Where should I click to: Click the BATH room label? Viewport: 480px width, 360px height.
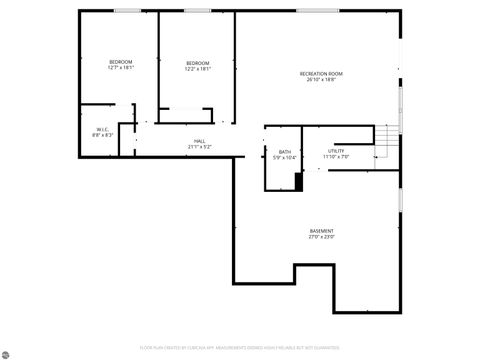point(285,151)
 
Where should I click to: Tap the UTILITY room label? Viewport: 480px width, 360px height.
point(336,151)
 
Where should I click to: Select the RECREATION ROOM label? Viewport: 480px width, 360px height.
point(321,73)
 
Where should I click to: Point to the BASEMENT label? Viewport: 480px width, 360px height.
point(321,231)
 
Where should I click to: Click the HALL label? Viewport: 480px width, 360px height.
point(200,141)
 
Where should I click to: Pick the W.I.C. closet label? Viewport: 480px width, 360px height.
point(102,128)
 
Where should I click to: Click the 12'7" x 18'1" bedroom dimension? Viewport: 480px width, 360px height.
point(121,68)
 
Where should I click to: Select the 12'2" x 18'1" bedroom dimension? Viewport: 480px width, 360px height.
point(197,68)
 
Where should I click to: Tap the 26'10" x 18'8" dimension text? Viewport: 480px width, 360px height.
point(321,79)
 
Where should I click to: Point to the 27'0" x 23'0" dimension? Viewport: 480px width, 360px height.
point(321,237)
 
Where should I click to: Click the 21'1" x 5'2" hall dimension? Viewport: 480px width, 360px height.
point(200,147)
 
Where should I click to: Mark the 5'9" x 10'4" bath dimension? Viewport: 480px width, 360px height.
point(285,157)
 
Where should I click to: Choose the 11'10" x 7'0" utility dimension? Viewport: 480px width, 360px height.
point(336,157)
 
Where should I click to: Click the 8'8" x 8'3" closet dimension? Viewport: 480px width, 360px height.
point(102,134)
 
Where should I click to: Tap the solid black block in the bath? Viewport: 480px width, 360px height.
point(298,181)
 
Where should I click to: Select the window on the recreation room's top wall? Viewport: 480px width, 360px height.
point(309,10)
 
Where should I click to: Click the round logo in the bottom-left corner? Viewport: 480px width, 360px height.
point(8,351)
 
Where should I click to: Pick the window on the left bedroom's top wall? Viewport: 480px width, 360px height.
point(127,10)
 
